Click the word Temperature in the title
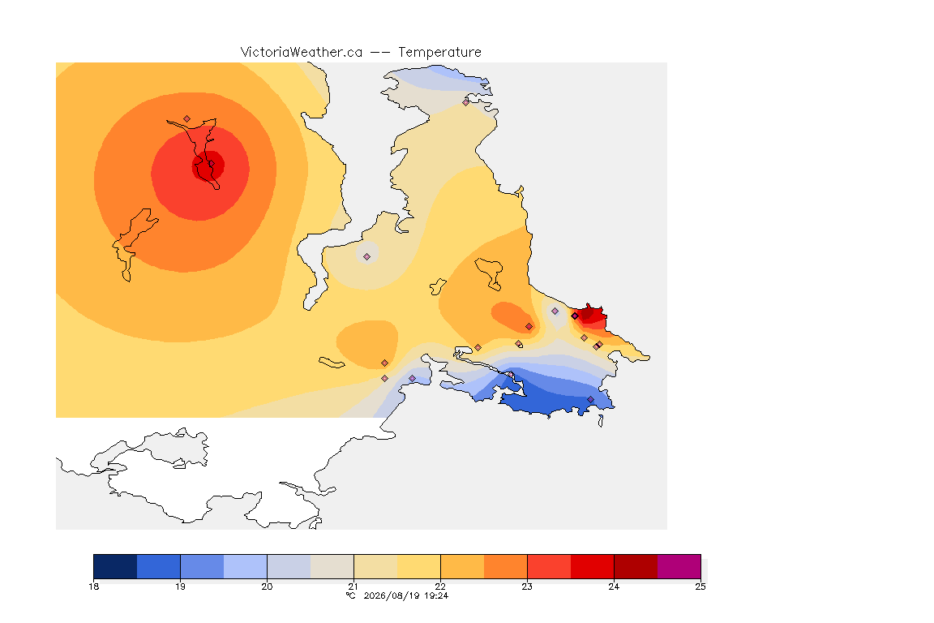click(439, 53)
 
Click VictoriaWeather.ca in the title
click(302, 53)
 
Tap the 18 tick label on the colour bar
click(93, 586)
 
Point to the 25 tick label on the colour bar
click(700, 586)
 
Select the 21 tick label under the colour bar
click(353, 586)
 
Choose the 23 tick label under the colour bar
click(527, 586)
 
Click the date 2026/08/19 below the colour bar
click(392, 595)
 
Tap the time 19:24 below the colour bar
click(436, 595)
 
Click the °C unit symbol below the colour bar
click(350, 595)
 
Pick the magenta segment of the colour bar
click(679, 566)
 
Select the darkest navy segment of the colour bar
click(116, 566)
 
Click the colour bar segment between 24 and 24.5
click(636, 566)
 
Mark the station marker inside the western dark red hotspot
click(210, 164)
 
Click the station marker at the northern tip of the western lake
click(187, 119)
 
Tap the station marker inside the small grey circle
click(367, 257)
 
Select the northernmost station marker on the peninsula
click(466, 102)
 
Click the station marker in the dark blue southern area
click(590, 399)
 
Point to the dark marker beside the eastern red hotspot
click(575, 316)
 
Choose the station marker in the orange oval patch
click(529, 327)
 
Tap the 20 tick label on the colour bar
click(267, 586)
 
